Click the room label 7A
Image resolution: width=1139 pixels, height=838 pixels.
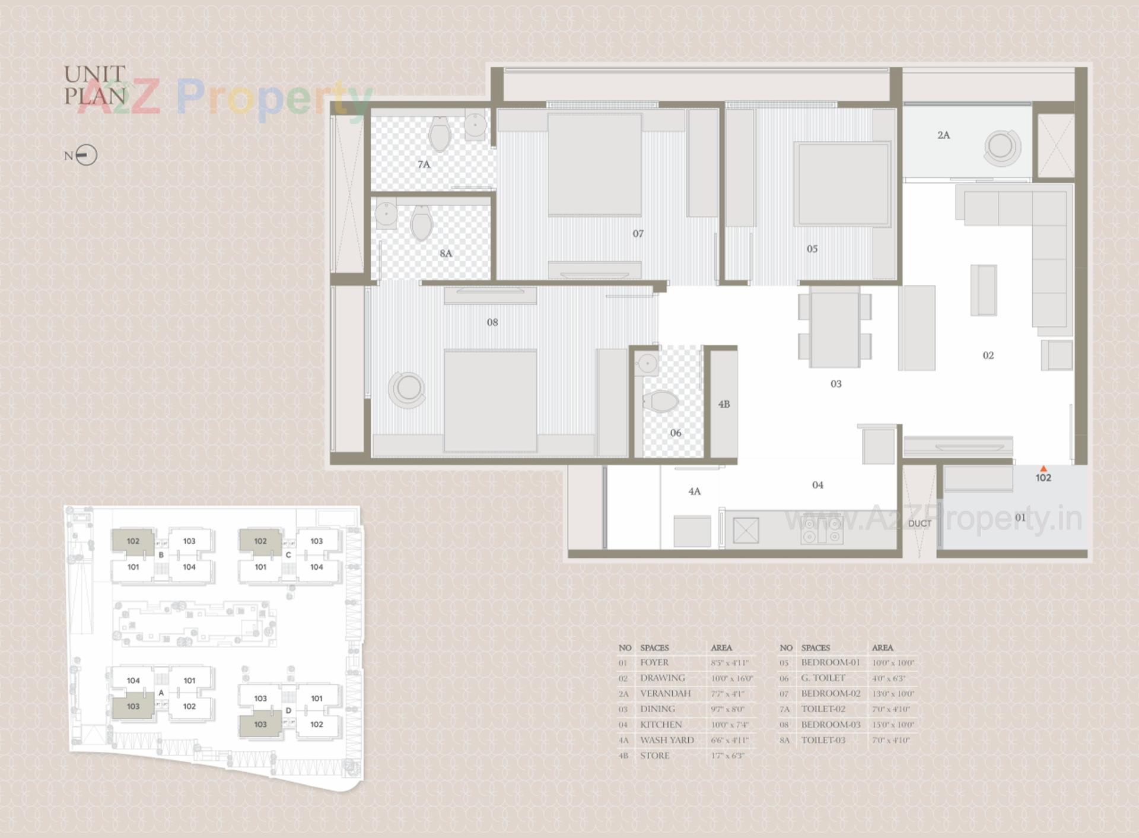point(424,164)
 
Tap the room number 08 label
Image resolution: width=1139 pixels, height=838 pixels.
point(492,322)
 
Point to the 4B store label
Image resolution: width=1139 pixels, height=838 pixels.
point(724,404)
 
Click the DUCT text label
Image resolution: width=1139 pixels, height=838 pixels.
point(920,523)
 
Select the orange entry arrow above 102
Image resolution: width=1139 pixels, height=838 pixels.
point(1043,469)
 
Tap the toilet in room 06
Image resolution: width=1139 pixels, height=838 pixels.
point(660,401)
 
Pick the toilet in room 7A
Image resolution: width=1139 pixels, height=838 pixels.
point(440,134)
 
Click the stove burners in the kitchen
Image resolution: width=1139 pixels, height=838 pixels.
point(822,530)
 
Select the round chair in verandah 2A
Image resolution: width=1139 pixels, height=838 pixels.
point(1002,147)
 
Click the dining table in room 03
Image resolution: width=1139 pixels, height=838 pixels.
point(835,328)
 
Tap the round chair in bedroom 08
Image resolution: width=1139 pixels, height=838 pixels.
point(408,389)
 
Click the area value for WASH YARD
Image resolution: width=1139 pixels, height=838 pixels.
point(730,740)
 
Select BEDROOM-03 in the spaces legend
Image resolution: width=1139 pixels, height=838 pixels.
point(831,725)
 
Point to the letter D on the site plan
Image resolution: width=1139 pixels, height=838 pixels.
point(288,710)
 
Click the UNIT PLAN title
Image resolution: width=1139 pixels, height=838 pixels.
point(95,85)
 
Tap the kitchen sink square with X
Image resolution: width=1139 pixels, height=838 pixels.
point(746,531)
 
